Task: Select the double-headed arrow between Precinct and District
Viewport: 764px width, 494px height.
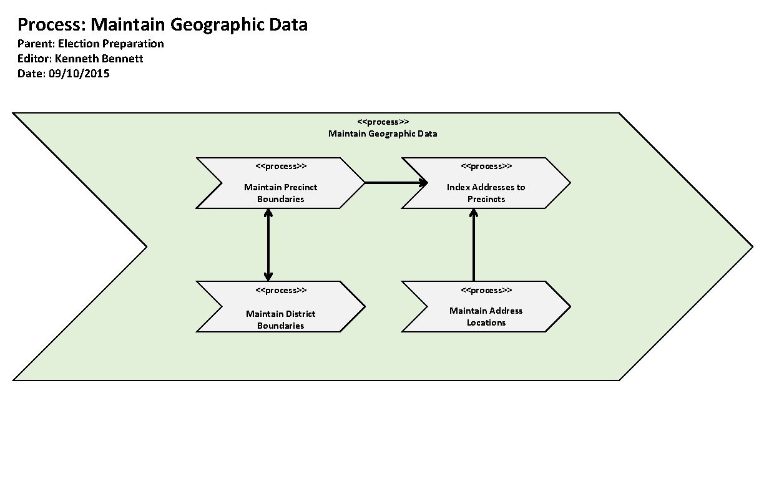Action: [268, 245]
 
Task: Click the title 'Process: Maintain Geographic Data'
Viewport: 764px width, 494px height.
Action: [162, 25]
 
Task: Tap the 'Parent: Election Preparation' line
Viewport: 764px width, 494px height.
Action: [91, 44]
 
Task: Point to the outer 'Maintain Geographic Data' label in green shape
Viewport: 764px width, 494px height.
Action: [383, 133]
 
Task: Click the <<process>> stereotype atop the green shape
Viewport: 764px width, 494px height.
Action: [383, 122]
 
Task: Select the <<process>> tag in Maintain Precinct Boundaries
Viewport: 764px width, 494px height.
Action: [281, 167]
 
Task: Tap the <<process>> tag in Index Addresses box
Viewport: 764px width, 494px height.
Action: [486, 167]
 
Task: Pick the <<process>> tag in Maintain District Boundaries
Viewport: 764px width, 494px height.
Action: [281, 291]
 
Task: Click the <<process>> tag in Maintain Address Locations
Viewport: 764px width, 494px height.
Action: [486, 291]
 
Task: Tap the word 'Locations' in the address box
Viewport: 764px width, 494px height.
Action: [486, 322]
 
